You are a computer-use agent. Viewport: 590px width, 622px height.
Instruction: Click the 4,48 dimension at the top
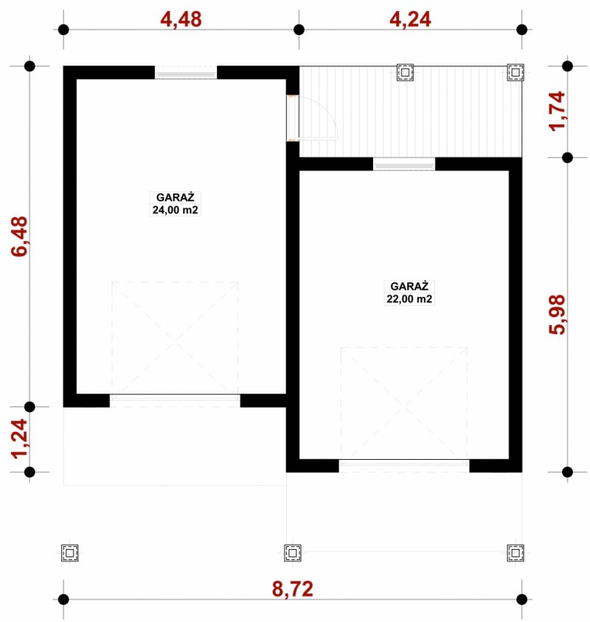181,19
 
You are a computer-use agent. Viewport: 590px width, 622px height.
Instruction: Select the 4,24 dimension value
410,19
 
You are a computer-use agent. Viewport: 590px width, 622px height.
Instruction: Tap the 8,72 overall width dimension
293,589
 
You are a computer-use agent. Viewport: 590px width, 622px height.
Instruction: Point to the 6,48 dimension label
19,237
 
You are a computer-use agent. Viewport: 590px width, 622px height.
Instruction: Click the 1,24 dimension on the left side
19,438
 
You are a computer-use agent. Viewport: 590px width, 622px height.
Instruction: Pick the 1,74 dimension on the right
557,111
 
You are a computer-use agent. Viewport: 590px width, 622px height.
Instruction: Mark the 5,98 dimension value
557,315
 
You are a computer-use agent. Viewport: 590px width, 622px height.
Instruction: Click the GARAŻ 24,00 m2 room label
175,203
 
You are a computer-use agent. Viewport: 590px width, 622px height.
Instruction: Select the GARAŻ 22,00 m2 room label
409,293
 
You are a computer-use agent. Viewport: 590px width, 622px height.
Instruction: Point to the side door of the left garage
293,118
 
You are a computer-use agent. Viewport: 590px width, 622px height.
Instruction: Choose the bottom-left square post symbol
70,553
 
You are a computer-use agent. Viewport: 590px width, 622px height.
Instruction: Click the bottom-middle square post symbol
293,553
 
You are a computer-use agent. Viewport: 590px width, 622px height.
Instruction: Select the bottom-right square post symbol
516,553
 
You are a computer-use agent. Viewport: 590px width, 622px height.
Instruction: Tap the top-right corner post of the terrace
516,73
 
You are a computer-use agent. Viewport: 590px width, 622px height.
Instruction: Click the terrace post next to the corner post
405,73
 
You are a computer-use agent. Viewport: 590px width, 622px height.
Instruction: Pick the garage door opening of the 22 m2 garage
404,465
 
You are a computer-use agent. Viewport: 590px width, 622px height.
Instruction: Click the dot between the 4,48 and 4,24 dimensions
299,29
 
